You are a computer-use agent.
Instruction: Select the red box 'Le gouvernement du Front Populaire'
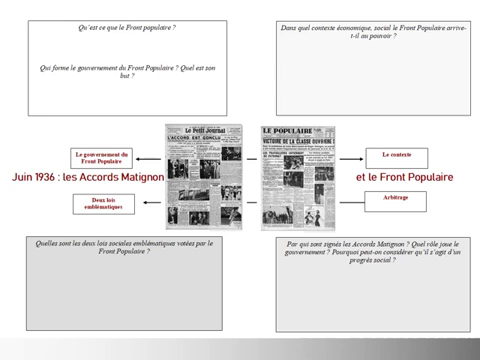104,157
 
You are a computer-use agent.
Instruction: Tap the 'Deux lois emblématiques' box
104,202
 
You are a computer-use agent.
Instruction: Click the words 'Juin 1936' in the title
32,177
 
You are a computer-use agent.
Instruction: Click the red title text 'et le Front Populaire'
404,177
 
